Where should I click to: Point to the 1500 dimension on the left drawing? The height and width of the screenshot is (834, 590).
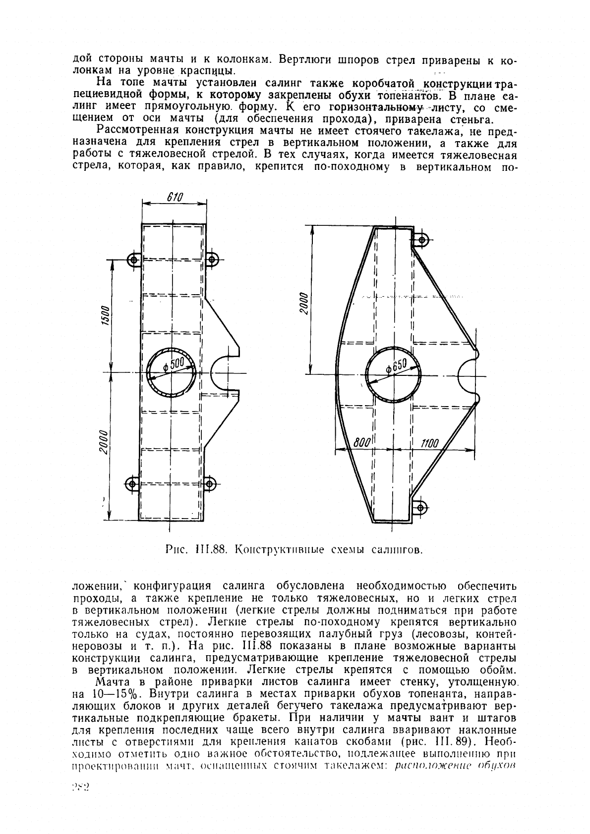click(x=105, y=315)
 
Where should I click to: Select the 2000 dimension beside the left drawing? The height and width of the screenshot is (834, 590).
click(x=104, y=443)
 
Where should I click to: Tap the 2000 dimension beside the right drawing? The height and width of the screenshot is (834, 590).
click(x=303, y=304)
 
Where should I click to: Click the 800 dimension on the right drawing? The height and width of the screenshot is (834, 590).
click(x=363, y=443)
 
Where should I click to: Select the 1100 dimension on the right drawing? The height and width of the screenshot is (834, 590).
click(x=429, y=443)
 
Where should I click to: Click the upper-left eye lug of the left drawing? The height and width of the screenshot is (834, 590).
click(x=133, y=259)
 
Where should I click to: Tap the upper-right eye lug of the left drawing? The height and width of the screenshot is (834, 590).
click(x=212, y=259)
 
